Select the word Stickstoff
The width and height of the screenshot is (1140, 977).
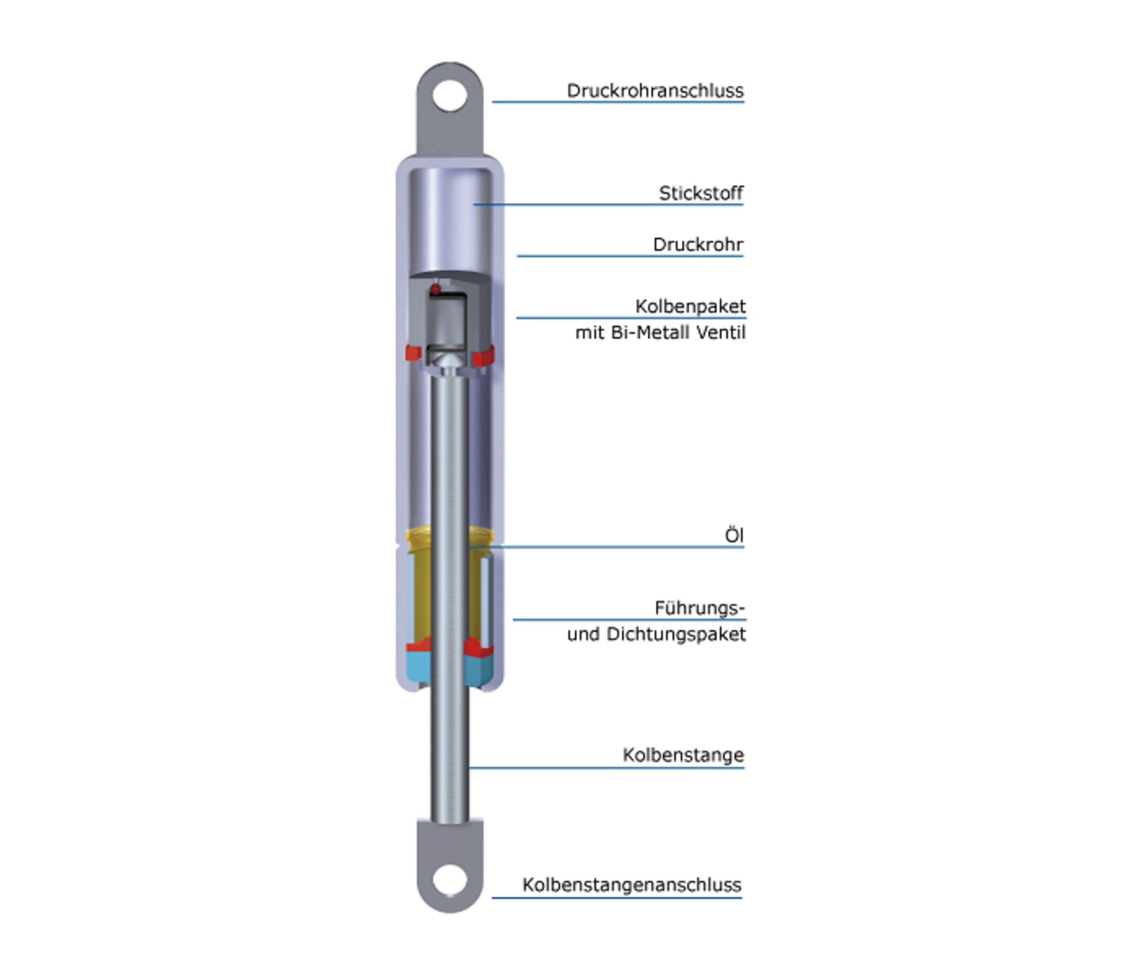click(701, 193)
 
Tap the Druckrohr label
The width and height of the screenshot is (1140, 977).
click(698, 244)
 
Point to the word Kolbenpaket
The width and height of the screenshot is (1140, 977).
click(690, 306)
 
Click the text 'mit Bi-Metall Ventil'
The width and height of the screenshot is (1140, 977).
click(660, 333)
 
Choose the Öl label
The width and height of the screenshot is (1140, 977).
click(734, 535)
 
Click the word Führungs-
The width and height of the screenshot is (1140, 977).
click(699, 608)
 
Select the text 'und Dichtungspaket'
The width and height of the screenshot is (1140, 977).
click(656, 634)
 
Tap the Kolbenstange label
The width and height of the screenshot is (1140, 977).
click(683, 755)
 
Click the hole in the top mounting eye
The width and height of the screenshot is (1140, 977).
click(450, 95)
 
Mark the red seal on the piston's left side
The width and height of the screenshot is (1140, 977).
click(413, 353)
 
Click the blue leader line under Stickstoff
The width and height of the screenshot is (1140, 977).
click(608, 205)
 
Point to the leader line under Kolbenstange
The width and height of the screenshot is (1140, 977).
click(606, 768)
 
